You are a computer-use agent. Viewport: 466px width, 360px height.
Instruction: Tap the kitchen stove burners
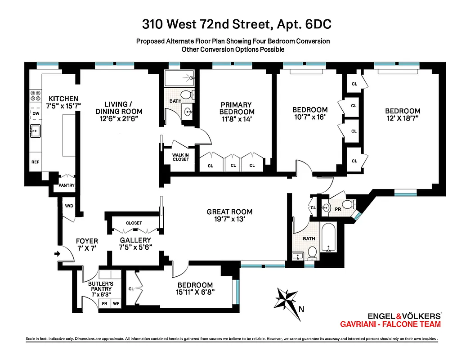[x=35, y=96]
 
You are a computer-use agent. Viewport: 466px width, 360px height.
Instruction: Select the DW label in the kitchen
[x=35, y=114]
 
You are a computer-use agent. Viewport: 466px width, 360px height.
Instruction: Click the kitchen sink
[x=35, y=131]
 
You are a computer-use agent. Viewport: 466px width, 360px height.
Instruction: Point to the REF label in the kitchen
[x=35, y=162]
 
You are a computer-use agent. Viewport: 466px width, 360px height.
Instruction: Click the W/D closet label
[x=69, y=206]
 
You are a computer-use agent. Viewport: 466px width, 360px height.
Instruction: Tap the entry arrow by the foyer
[x=58, y=254]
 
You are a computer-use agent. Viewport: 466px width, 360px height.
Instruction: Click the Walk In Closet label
[x=180, y=157]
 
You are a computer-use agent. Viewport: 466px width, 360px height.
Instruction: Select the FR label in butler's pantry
[x=104, y=304]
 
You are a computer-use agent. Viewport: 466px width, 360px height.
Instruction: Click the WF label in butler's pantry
[x=116, y=304]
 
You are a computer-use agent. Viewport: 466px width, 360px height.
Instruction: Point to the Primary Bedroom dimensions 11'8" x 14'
[x=237, y=119]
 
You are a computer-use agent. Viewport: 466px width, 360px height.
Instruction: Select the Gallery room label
[x=135, y=240]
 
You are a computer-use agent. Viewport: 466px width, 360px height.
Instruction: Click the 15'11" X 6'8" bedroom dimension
[x=195, y=292]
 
